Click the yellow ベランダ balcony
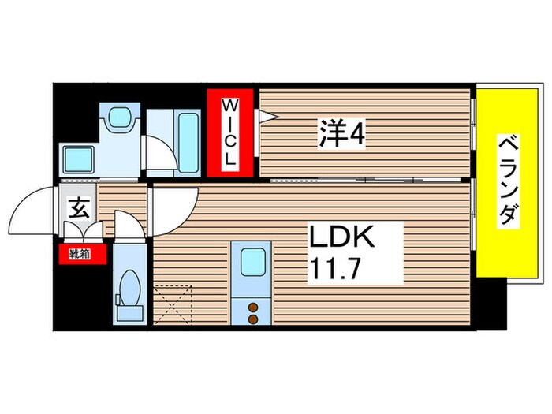[x=509, y=182]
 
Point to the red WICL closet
[x=230, y=132]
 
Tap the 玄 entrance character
[x=80, y=209]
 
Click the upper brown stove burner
[x=254, y=308]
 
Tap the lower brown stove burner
[x=254, y=319]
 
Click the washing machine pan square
[x=80, y=159]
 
